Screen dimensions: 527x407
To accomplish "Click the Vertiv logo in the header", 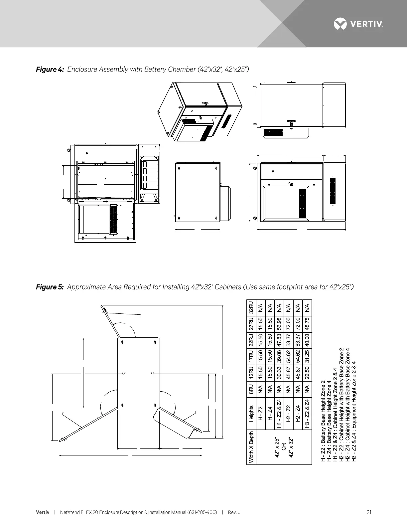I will point(358,24).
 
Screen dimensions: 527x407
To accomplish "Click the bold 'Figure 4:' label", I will point(50,70).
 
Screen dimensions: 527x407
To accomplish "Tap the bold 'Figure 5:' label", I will point(50,287).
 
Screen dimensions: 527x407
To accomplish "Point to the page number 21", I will point(369,512).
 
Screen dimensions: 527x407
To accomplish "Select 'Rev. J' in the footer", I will point(234,512).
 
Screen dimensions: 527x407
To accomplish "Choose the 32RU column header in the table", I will point(251,308).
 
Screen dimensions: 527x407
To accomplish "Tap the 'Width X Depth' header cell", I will point(251,447).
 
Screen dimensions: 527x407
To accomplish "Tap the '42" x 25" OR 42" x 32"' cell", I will point(284,447).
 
